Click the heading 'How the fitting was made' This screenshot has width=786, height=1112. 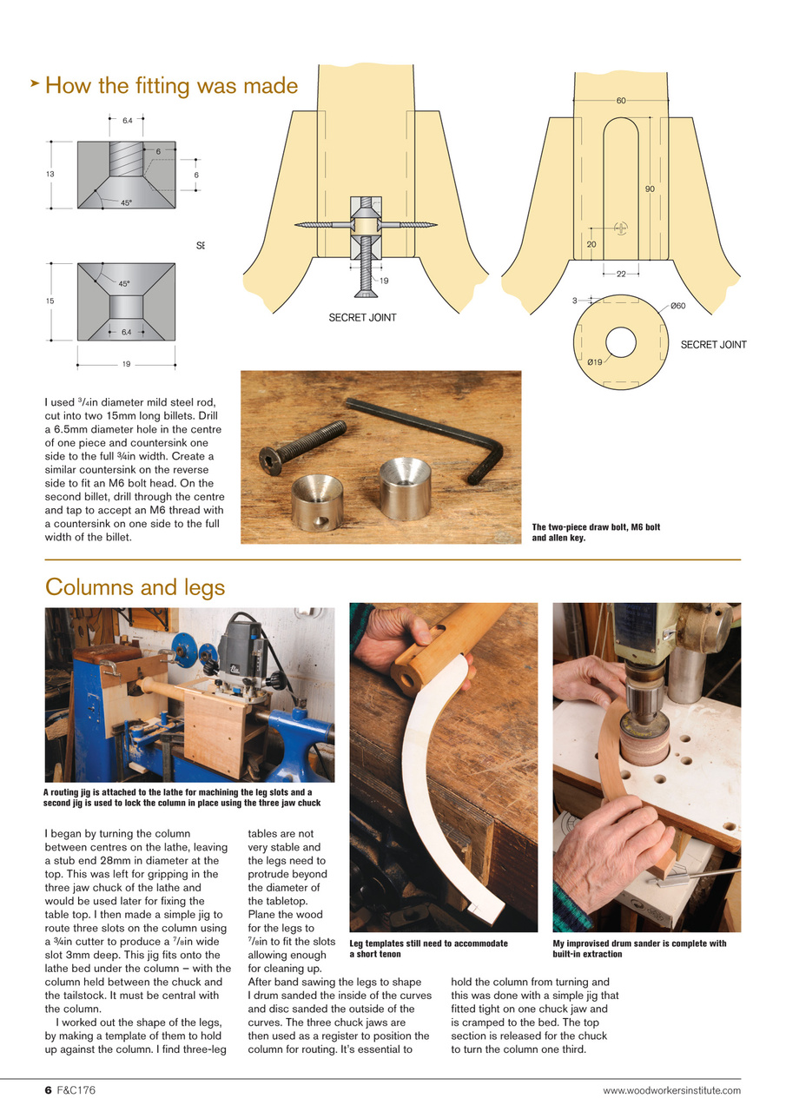(171, 86)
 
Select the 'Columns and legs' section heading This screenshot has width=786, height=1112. (135, 587)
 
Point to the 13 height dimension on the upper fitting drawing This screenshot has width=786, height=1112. (50, 175)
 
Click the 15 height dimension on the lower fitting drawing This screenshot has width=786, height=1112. (50, 301)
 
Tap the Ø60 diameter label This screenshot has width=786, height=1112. (677, 306)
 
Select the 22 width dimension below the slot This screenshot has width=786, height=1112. (621, 275)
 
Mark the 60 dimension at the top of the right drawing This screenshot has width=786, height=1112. (621, 102)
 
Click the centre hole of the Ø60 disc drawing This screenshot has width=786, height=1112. (621, 341)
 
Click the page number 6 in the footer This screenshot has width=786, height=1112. (49, 1090)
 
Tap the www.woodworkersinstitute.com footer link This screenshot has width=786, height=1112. (671, 1090)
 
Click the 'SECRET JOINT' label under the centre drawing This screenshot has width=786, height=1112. (362, 318)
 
